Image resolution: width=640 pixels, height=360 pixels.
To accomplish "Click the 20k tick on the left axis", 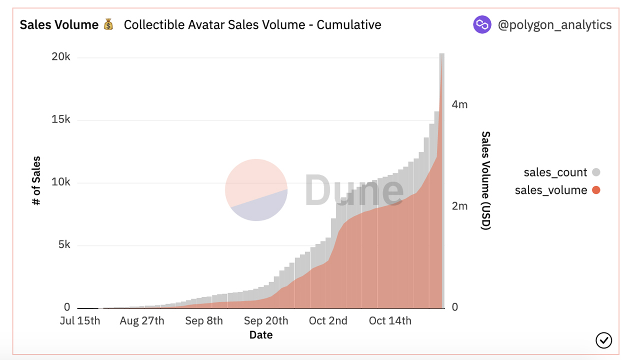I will (x=60, y=57).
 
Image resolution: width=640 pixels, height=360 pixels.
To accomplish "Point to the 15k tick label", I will (x=60, y=119).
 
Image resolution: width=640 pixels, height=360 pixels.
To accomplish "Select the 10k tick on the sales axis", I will (x=60, y=182).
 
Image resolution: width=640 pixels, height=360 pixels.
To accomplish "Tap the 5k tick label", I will (x=63, y=245).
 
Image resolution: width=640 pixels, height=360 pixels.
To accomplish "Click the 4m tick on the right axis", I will (x=459, y=104).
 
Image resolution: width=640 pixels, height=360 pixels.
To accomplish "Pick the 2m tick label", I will (x=459, y=206).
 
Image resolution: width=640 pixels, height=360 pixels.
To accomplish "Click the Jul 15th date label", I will (x=80, y=320).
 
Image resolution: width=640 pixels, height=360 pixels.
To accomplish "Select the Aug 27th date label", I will (x=142, y=320).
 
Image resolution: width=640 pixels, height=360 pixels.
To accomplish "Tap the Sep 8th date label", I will (x=204, y=320).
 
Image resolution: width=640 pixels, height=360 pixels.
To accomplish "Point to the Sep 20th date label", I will (x=266, y=320).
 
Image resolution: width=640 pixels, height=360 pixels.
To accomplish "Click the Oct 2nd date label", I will (x=328, y=320).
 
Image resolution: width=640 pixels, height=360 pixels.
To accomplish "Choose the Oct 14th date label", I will (x=390, y=320).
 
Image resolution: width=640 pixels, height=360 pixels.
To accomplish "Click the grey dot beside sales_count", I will (x=595, y=172).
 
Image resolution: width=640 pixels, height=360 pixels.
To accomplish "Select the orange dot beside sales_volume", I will (x=595, y=190).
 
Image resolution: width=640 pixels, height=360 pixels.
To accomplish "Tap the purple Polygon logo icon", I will (x=482, y=24).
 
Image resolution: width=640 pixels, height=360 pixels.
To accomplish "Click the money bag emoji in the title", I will (x=108, y=24).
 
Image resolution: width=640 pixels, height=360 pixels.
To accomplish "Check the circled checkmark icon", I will (x=604, y=340).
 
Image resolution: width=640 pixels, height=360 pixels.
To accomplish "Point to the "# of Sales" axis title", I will (x=36, y=181).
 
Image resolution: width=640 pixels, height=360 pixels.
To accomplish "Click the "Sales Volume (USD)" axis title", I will (x=486, y=180).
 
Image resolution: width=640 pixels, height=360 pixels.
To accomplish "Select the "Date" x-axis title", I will (x=261, y=335).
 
